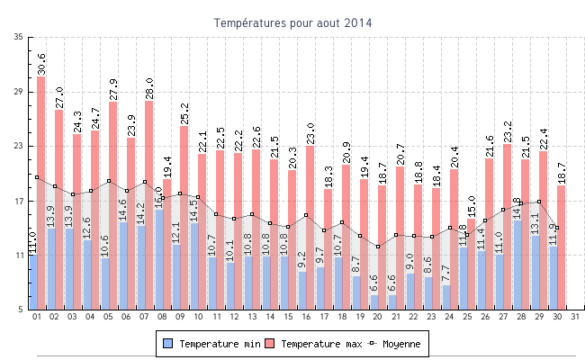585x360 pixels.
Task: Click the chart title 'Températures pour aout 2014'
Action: click(292, 22)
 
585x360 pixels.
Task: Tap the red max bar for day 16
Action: click(310, 207)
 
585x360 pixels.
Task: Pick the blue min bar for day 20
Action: click(373, 302)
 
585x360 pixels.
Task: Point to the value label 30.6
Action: click(41, 64)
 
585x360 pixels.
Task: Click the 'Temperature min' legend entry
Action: click(212, 344)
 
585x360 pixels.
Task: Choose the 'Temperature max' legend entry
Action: click(314, 344)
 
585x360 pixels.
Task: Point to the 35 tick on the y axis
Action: click(19, 37)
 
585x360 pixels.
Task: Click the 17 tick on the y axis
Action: click(19, 201)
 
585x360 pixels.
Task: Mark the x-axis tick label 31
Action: click(575, 317)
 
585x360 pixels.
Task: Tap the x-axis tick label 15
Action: click(288, 317)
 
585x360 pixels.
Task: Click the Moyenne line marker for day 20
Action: click(378, 247)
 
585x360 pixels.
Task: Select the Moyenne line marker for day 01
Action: click(37, 177)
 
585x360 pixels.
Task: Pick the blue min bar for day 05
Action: click(105, 284)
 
